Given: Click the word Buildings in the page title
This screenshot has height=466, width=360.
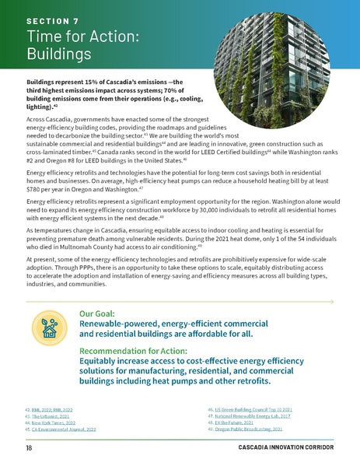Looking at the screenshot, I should click(59, 54).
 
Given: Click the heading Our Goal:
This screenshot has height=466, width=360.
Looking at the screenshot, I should click(102, 315).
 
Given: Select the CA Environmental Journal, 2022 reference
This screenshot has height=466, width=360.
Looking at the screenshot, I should click(62, 429).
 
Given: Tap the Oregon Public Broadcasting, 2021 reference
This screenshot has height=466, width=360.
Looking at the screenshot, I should click(249, 429).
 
